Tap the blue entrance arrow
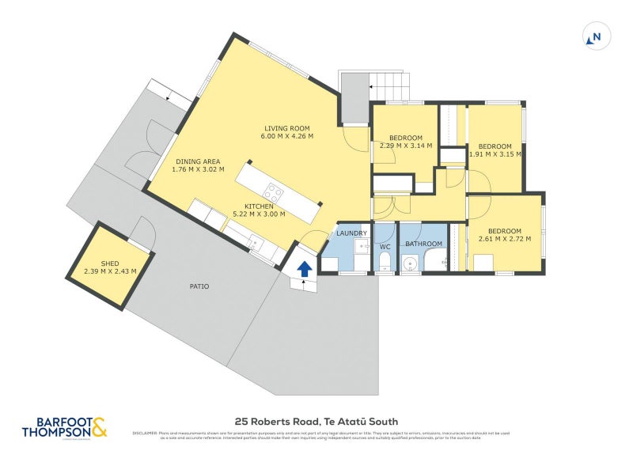pos(303,271)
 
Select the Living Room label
pos(286,127)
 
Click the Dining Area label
pos(199,161)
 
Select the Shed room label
pos(110,263)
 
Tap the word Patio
pos(199,286)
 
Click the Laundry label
pos(351,233)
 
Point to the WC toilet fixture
pos(385,263)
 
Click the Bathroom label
pos(423,244)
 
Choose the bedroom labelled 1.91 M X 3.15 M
pos(495,150)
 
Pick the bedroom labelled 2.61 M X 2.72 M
pos(504,233)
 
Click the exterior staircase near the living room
pos(391,84)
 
